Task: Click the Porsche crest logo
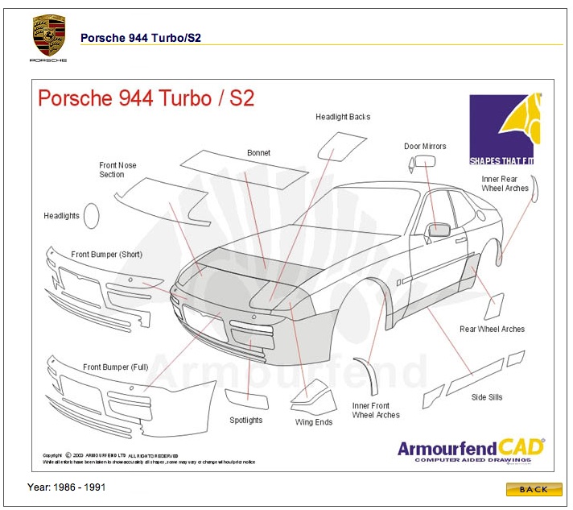pyautogui.click(x=48, y=36)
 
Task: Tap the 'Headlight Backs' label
pyautogui.click(x=343, y=117)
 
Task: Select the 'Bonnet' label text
pyautogui.click(x=258, y=152)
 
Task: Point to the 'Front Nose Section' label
pyautogui.click(x=117, y=170)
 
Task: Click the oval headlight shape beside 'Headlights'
pyautogui.click(x=92, y=215)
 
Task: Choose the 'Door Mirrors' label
pyautogui.click(x=425, y=147)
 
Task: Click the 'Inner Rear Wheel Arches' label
pyautogui.click(x=505, y=184)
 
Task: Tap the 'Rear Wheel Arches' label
pyautogui.click(x=492, y=329)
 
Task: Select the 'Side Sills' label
pyautogui.click(x=487, y=396)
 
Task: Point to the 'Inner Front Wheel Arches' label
pyautogui.click(x=376, y=410)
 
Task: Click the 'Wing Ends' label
pyautogui.click(x=313, y=421)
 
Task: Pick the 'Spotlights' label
pyautogui.click(x=246, y=420)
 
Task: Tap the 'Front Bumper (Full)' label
pyautogui.click(x=115, y=367)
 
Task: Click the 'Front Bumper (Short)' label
pyautogui.click(x=106, y=255)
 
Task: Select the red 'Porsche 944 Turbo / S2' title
pyautogui.click(x=146, y=98)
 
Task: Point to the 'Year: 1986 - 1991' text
pyautogui.click(x=67, y=487)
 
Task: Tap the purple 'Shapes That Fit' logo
pyautogui.click(x=501, y=129)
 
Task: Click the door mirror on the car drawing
pyautogui.click(x=438, y=230)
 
